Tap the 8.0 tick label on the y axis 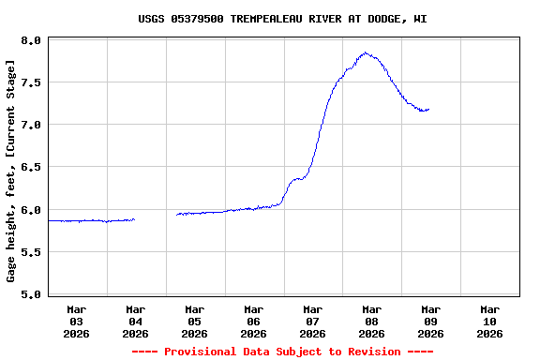pos(31,40)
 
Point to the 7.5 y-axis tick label pos(31,82)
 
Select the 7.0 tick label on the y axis pos(31,125)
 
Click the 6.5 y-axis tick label pos(31,167)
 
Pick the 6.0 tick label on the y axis pos(31,210)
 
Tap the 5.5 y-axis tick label pos(31,252)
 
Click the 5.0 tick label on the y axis pos(31,294)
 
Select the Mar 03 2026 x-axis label pos(77,321)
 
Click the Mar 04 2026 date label pos(136,321)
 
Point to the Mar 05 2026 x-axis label pos(195,321)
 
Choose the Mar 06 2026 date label pos(254,321)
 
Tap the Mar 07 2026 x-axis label pos(313,321)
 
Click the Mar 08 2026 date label pos(372,321)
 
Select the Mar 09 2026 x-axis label pos(431,321)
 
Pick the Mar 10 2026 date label pos(490,321)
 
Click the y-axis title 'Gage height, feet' pos(11,170)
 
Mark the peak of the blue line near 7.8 pos(365,53)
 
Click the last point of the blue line pos(428,110)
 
